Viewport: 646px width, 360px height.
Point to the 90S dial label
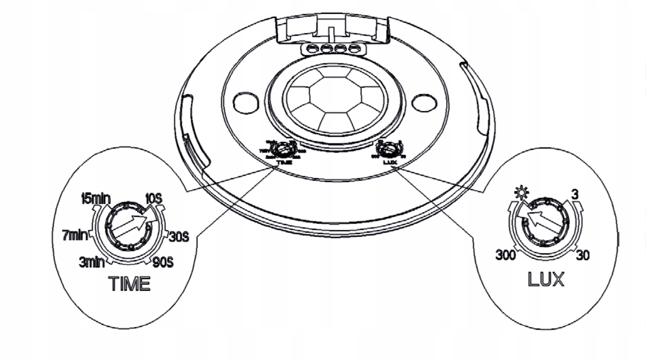tap(162, 262)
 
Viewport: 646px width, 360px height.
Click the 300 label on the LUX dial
tap(506, 255)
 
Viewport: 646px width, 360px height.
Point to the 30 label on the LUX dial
tap(583, 255)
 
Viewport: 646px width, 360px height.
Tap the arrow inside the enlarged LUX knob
tap(542, 221)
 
